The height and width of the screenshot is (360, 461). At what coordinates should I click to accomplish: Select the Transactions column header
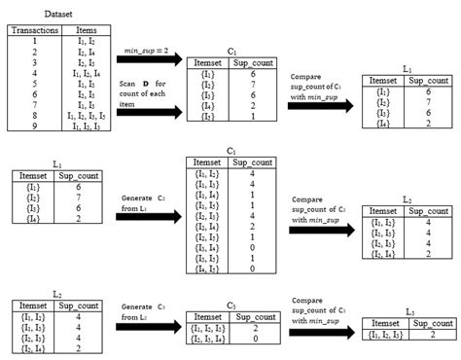[35, 30]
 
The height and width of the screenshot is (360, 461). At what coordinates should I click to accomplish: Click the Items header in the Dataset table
[85, 30]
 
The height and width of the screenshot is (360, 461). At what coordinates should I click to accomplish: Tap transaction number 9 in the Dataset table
[34, 126]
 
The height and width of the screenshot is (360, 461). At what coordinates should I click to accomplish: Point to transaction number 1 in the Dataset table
[34, 41]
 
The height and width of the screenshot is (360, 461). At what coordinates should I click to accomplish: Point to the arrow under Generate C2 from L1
[155, 223]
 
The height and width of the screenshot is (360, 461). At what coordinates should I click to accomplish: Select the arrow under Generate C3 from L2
[155, 328]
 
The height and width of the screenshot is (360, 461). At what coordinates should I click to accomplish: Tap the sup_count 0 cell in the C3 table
[255, 340]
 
